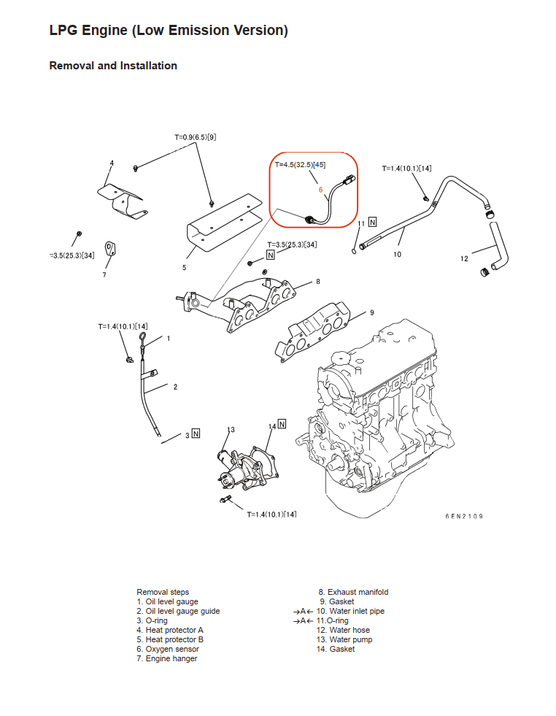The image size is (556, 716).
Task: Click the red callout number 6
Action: [x=320, y=190]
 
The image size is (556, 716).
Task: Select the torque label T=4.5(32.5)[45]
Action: [x=301, y=164]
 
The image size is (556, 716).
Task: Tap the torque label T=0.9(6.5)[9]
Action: [x=196, y=137]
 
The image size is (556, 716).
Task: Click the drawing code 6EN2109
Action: [x=464, y=517]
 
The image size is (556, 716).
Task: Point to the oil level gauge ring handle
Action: [x=143, y=339]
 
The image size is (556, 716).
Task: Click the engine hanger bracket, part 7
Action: [x=110, y=249]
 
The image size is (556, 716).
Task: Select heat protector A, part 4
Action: [x=122, y=201]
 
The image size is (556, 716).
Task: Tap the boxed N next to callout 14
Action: [x=282, y=424]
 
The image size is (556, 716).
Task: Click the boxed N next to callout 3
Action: [x=196, y=434]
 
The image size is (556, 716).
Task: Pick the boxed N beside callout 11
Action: [x=373, y=222]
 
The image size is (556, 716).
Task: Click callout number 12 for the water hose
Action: [x=464, y=259]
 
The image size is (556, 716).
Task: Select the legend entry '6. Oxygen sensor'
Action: [x=168, y=649]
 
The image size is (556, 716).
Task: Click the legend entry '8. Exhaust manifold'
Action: [x=353, y=592]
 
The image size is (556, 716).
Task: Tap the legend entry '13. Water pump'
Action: [x=344, y=639]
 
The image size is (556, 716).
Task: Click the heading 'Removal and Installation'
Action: [x=113, y=66]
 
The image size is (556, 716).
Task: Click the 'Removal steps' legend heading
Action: [x=163, y=592]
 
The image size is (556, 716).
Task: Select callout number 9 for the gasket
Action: [x=372, y=313]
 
